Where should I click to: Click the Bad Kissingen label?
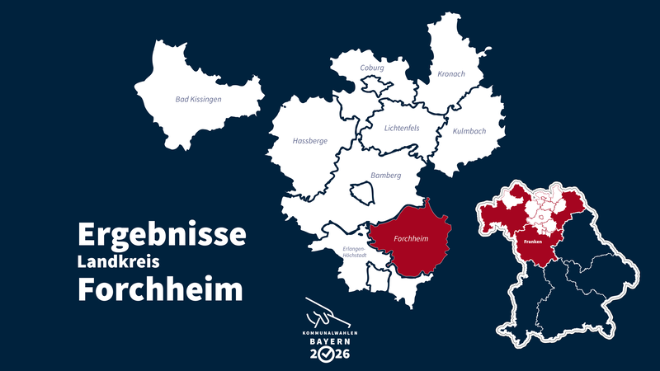pyautogui.click(x=199, y=100)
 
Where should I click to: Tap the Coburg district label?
pyautogui.click(x=372, y=68)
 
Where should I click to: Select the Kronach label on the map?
pyautogui.click(x=451, y=74)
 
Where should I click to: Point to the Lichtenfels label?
pyautogui.click(x=402, y=128)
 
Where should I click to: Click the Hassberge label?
pyautogui.click(x=309, y=141)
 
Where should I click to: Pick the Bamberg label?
pyautogui.click(x=385, y=176)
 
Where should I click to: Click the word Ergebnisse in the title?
pyautogui.click(x=162, y=234)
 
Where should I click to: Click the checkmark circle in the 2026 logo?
pyautogui.click(x=328, y=355)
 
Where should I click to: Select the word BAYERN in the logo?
pyautogui.click(x=328, y=340)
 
